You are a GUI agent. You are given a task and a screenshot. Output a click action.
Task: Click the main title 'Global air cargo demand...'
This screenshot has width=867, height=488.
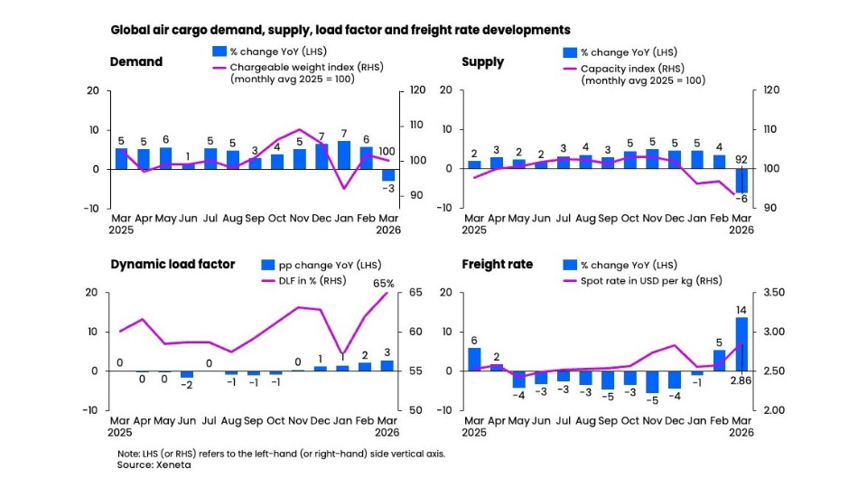(x=340, y=30)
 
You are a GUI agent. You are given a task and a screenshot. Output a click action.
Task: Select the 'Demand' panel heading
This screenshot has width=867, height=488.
(x=135, y=62)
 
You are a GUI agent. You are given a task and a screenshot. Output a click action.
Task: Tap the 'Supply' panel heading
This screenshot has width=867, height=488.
(x=482, y=62)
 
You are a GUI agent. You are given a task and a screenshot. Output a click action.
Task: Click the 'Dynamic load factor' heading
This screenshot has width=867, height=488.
(x=172, y=265)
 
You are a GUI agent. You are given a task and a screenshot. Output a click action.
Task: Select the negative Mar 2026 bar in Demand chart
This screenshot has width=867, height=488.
(x=387, y=175)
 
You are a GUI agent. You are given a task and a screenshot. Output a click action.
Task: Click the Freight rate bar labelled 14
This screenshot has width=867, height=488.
(x=741, y=343)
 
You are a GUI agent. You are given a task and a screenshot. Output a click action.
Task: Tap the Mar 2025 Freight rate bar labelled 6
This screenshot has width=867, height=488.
(x=474, y=359)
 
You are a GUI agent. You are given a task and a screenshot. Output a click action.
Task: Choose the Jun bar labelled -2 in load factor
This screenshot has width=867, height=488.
(x=187, y=374)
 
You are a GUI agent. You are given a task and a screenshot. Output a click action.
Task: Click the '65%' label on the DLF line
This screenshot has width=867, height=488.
(x=382, y=283)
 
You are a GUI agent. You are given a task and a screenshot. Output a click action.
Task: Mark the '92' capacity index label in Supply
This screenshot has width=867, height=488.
(x=741, y=160)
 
